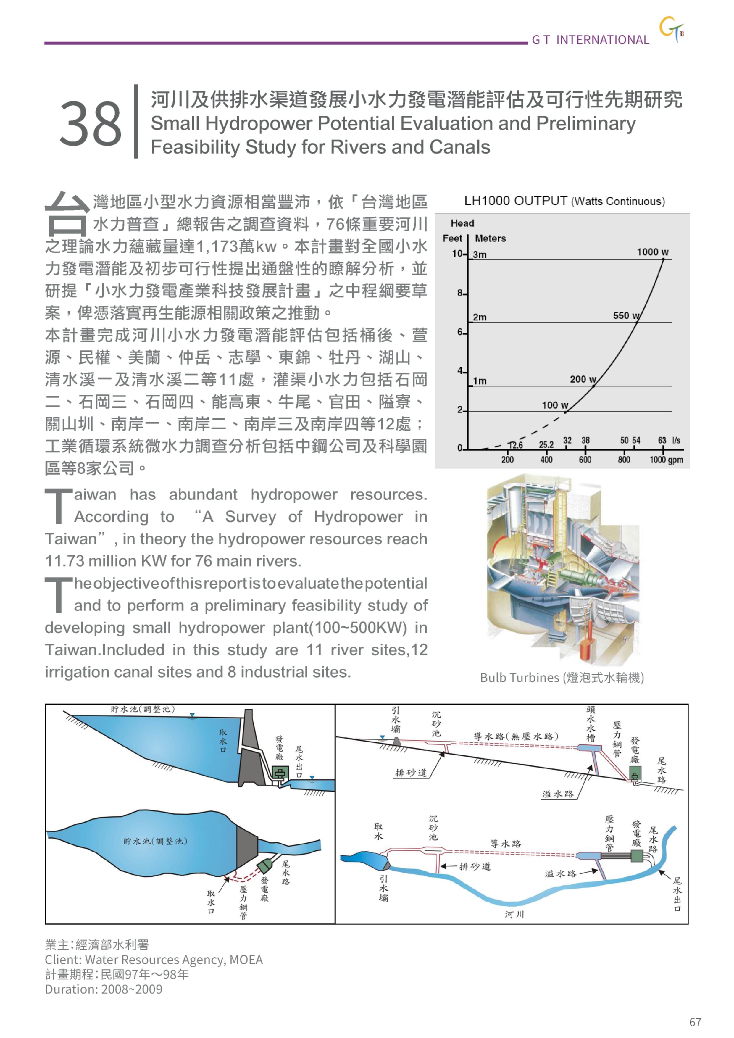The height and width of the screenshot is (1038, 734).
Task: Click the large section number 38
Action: pyautogui.click(x=91, y=123)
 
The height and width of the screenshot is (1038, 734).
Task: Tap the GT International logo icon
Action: pyautogui.click(x=671, y=30)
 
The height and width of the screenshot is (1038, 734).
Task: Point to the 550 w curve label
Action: pyautogui.click(x=626, y=315)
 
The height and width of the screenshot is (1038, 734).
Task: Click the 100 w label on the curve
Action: pyautogui.click(x=554, y=405)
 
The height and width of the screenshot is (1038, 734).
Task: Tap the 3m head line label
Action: pyautogui.click(x=480, y=254)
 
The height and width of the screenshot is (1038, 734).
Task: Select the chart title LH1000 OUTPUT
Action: pyautogui.click(x=515, y=201)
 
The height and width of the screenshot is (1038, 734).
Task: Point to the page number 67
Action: pyautogui.click(x=695, y=1022)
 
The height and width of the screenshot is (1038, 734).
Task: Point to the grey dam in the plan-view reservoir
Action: pyautogui.click(x=247, y=845)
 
